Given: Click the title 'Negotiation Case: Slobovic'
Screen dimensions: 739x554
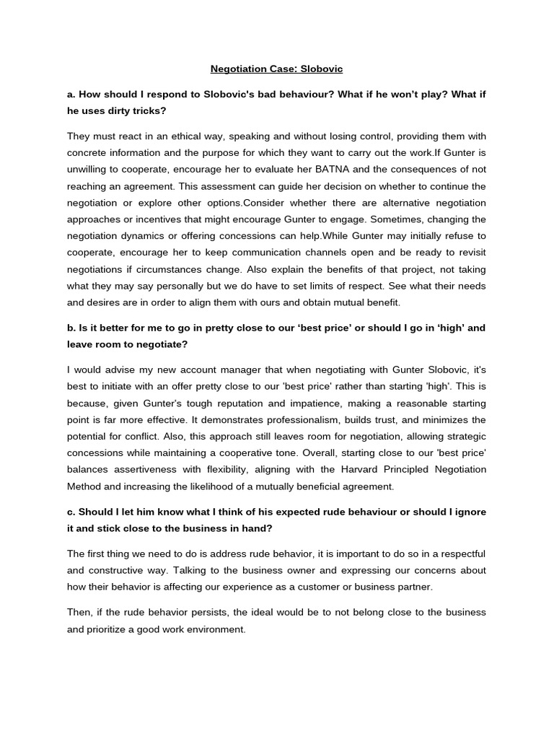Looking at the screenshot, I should [276, 69].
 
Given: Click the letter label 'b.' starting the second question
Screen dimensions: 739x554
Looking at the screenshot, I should [72, 328].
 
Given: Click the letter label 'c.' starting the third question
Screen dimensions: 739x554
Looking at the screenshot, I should [71, 512].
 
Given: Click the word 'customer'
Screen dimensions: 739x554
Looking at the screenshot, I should [322, 587].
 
